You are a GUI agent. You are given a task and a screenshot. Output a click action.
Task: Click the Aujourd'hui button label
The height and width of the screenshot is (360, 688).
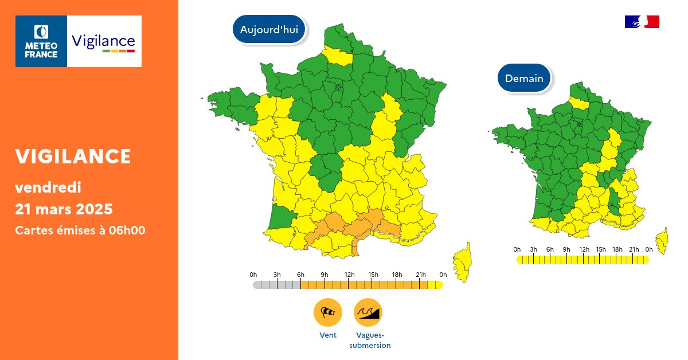(269, 30)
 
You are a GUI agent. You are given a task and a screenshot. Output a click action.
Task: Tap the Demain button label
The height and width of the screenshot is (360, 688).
(524, 78)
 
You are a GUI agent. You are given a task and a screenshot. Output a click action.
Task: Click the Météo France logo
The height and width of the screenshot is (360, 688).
(41, 41)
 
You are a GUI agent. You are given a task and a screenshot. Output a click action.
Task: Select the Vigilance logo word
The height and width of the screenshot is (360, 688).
(104, 41)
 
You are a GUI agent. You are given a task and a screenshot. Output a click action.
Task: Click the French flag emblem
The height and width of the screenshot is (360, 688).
(642, 22)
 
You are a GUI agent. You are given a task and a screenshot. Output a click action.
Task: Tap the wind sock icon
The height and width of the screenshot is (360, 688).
(327, 312)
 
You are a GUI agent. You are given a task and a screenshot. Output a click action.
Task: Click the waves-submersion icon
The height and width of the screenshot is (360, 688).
(368, 312)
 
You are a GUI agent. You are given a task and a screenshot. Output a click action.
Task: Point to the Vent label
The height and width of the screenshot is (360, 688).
(328, 335)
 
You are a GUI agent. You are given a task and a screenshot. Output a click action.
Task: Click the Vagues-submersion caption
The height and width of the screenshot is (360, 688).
(370, 341)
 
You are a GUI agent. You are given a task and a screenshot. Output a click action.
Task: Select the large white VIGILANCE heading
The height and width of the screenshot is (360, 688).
(73, 156)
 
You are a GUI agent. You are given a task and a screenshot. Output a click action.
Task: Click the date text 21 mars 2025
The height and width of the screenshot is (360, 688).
(64, 208)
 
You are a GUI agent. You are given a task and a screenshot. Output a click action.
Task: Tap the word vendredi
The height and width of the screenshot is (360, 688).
(48, 187)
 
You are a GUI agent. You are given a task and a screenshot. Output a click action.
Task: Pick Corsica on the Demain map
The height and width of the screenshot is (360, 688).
(662, 241)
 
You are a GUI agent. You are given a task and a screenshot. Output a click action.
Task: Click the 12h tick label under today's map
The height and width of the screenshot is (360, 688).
(349, 275)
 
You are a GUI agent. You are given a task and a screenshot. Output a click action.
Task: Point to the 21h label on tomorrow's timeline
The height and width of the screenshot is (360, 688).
(633, 249)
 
